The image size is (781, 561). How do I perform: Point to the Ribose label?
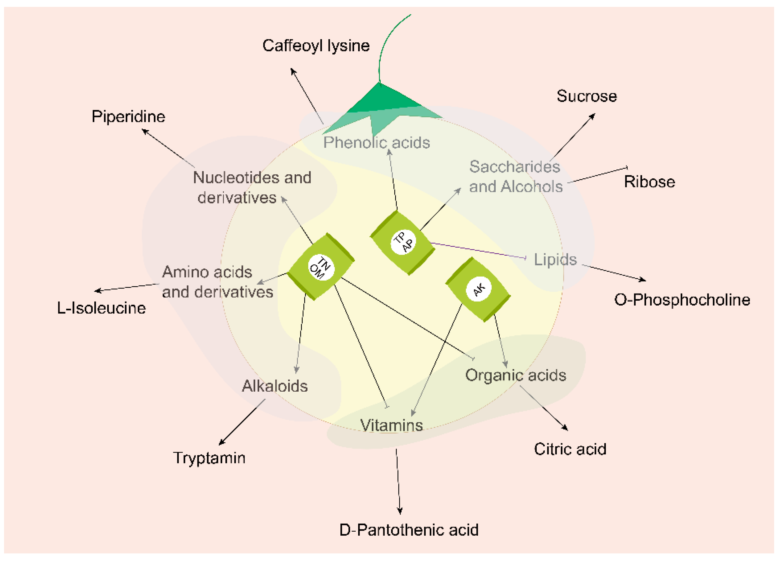[649, 182]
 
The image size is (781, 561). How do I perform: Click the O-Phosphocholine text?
[682, 300]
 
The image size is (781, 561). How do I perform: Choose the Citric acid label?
[570, 449]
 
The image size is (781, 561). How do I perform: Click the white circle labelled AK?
[478, 289]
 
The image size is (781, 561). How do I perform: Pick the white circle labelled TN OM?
[321, 267]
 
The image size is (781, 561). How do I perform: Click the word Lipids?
[555, 259]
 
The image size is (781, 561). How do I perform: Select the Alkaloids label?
[274, 386]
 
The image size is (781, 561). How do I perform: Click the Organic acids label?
[516, 375]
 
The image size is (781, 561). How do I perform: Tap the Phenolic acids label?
[376, 142]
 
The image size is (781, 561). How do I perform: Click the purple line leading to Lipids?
[479, 250]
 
